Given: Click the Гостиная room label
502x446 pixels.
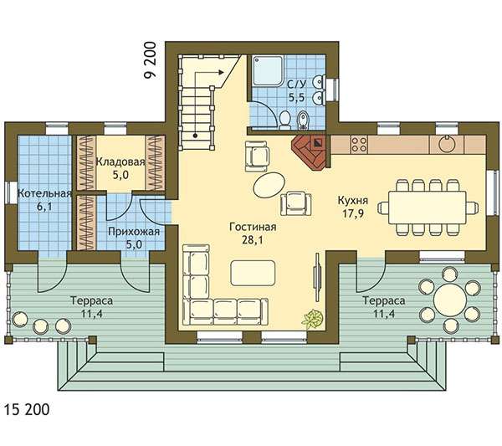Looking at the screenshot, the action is point(253,227).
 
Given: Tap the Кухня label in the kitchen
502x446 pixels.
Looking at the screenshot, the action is point(353,201).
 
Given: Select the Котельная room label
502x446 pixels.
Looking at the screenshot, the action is point(44,193).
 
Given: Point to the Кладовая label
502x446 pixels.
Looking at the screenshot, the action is point(120,161).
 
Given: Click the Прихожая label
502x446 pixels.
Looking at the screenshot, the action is point(134,232).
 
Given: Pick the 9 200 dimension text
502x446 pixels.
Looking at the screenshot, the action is point(151,60).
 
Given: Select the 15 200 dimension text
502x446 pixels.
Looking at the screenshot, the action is point(27,409).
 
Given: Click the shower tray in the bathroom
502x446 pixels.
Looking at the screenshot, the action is point(268,71).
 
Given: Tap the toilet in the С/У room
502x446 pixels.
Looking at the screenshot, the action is point(284,120).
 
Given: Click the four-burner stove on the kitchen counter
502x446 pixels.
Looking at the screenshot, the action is point(359,144).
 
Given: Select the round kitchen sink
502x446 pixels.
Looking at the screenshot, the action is point(446,144).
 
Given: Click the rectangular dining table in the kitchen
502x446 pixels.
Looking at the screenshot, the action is point(428,208).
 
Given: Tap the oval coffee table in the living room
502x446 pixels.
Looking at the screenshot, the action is point(269,186).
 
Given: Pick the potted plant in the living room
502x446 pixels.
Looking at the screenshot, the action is point(312,319).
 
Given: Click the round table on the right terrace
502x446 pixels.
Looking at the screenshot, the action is point(449,300).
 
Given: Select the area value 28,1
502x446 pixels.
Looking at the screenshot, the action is point(253,240).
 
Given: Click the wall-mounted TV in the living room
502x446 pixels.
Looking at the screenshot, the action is point(317,277).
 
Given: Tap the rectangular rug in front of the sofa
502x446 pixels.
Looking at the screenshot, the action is point(253,273).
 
